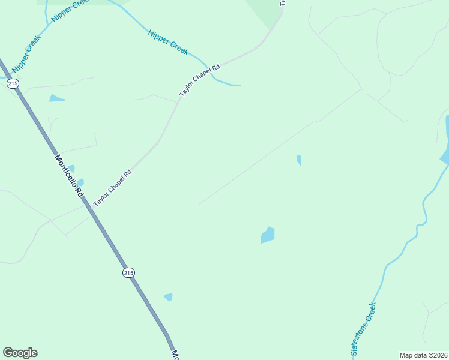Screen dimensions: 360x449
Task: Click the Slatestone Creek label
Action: click(x=363, y=331)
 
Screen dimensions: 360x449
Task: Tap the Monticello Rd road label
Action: click(x=69, y=176)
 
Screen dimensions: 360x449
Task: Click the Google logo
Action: click(x=20, y=353)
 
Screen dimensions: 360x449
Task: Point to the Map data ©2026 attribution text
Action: click(x=423, y=355)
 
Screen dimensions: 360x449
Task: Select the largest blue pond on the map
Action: click(x=268, y=235)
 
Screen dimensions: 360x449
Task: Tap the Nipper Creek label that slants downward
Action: click(x=168, y=41)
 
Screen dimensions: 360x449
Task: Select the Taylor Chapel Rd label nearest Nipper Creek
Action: click(x=200, y=82)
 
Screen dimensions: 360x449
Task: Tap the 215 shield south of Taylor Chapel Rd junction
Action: click(x=128, y=272)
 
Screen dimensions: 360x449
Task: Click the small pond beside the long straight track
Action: click(x=298, y=160)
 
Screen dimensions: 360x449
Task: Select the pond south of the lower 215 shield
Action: click(x=169, y=297)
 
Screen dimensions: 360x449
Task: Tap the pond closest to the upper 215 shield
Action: click(x=56, y=98)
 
